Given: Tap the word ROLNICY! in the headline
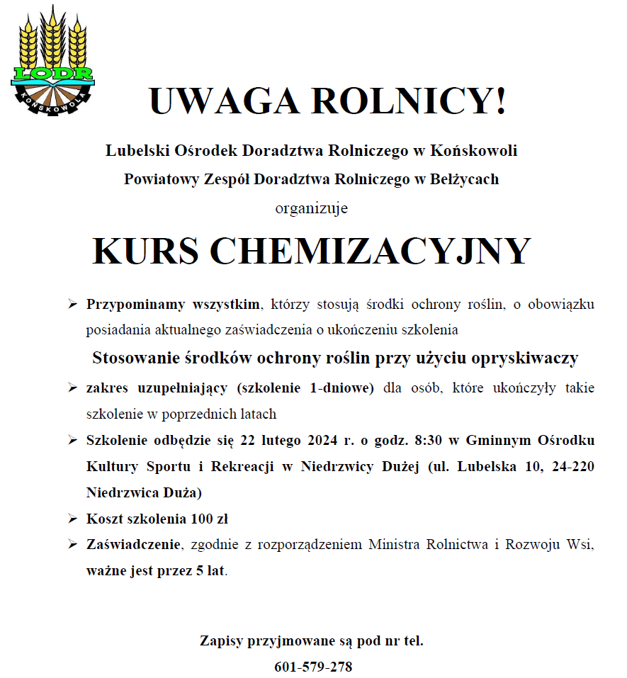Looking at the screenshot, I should click(410, 101).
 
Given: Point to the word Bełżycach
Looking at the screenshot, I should click(465, 179).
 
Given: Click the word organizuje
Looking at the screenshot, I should click(312, 208).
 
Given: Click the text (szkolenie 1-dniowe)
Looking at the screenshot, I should click(305, 388).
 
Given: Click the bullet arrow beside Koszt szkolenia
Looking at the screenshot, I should click(72, 519).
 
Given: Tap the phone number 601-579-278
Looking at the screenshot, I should click(313, 667).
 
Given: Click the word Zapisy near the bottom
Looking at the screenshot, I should click(221, 641).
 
